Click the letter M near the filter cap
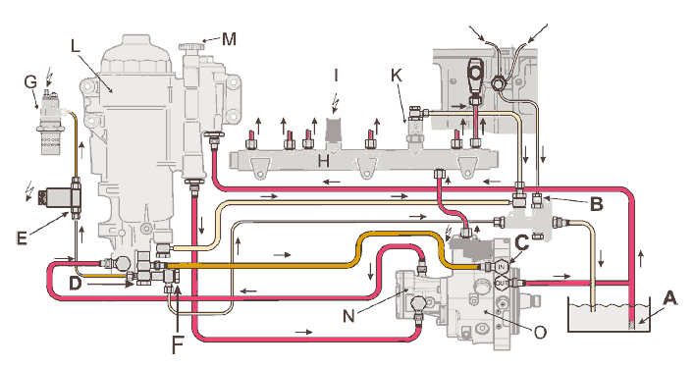click(229, 39)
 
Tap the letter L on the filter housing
click(76, 46)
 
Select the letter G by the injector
click(30, 82)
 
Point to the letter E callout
click(22, 237)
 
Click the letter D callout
click(76, 283)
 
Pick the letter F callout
click(178, 345)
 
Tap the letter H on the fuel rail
click(324, 162)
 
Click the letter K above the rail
click(397, 76)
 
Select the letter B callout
click(597, 204)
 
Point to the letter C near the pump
click(523, 242)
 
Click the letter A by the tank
click(670, 298)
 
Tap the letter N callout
click(348, 316)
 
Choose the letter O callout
click(540, 332)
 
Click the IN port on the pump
click(502, 267)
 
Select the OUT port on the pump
click(502, 282)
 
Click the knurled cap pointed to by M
click(191, 45)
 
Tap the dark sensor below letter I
click(334, 130)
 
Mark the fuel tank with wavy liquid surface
click(609, 315)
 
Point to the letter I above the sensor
click(336, 76)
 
